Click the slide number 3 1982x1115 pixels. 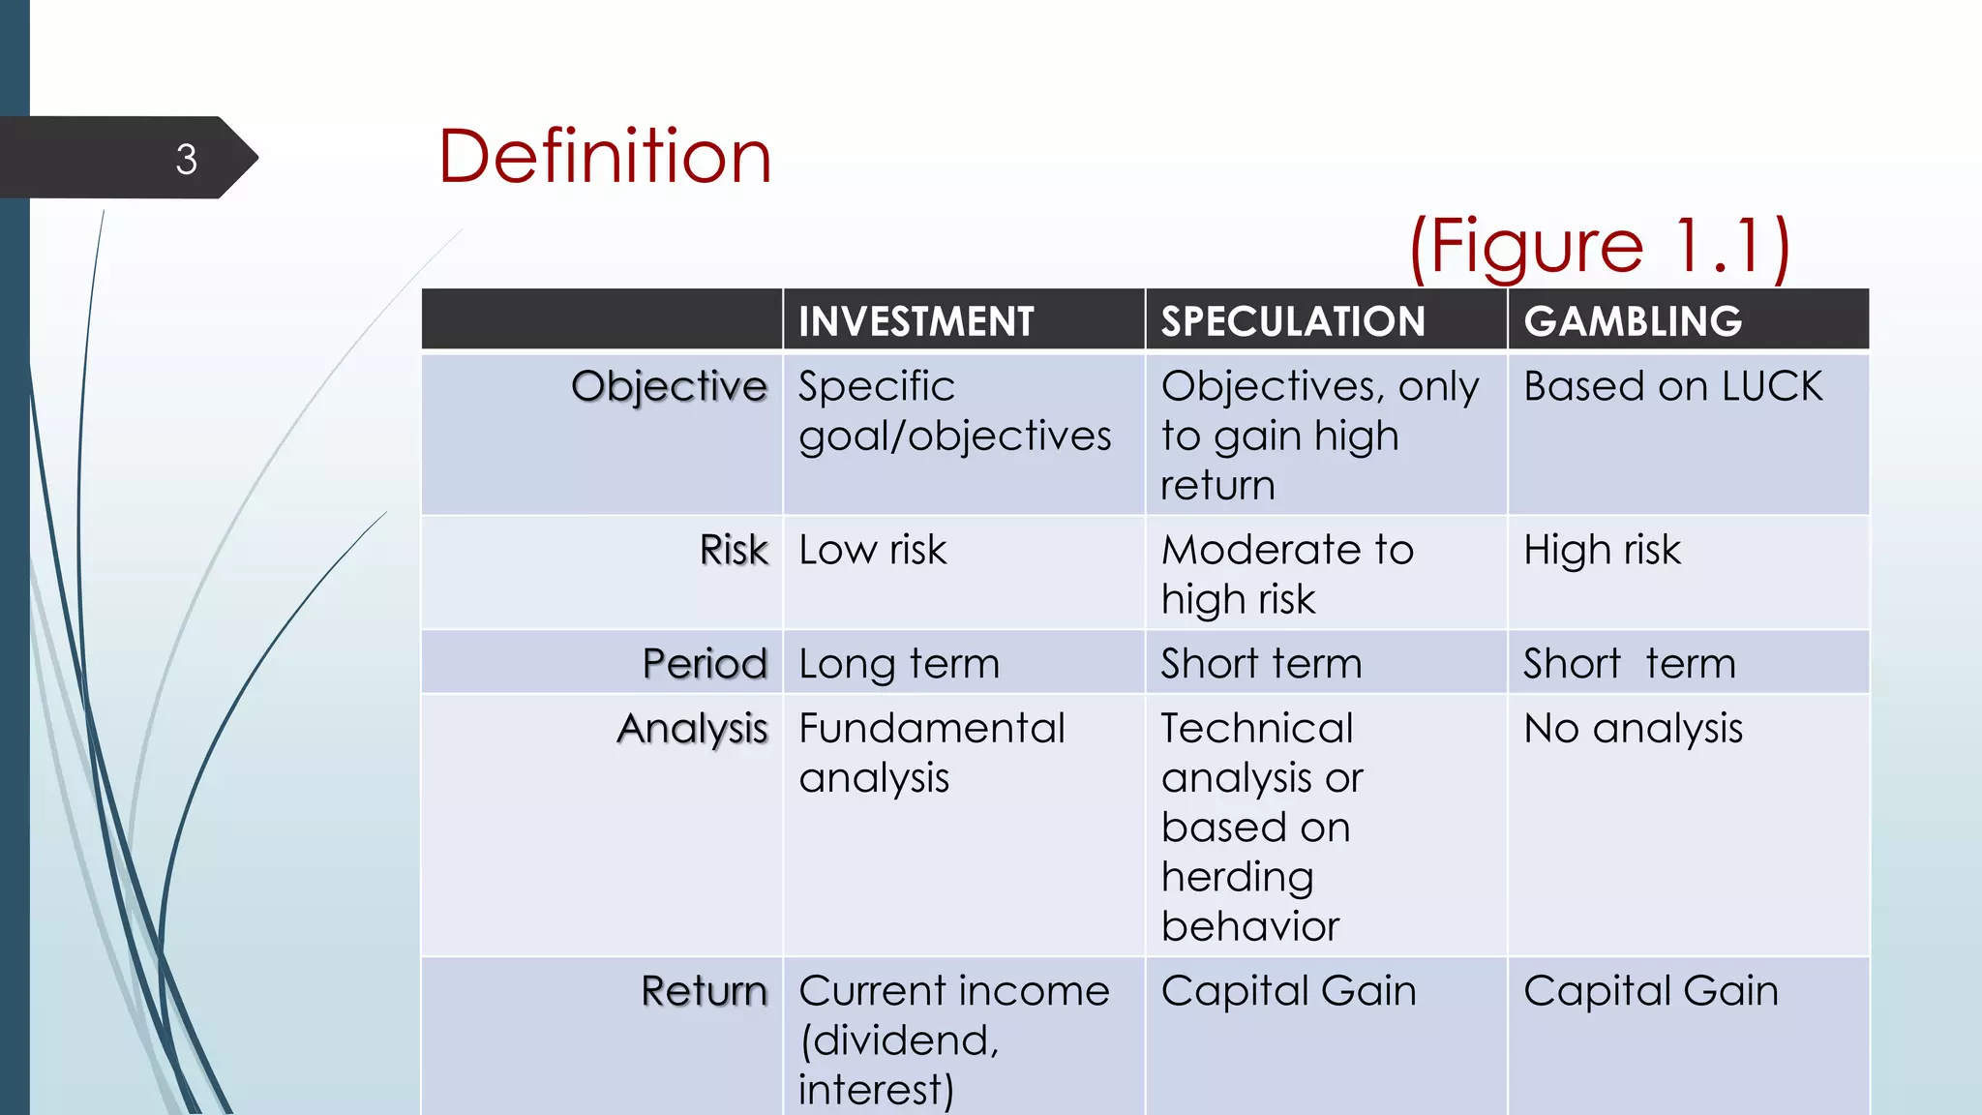click(x=187, y=160)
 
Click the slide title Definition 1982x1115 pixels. click(x=605, y=157)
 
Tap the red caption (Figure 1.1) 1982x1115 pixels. click(x=1599, y=247)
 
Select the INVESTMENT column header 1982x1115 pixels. click(x=916, y=321)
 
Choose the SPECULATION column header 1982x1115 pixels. click(x=1293, y=321)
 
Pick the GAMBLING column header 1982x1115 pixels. click(x=1633, y=321)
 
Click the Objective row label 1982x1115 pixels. click(x=669, y=386)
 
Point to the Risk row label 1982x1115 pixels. click(x=734, y=550)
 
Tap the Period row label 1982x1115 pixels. click(x=705, y=664)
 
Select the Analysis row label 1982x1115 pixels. click(x=692, y=729)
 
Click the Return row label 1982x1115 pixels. click(x=704, y=991)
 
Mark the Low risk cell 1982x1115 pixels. click(x=872, y=550)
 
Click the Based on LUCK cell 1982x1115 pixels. click(x=1672, y=386)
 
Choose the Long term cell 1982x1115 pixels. click(x=899, y=664)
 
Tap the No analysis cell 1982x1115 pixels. click(x=1633, y=729)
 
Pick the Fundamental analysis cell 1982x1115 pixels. click(x=931, y=753)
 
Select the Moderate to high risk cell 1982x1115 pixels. click(x=1287, y=574)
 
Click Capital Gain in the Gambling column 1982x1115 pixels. click(x=1650, y=991)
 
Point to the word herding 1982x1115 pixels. click(x=1238, y=877)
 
